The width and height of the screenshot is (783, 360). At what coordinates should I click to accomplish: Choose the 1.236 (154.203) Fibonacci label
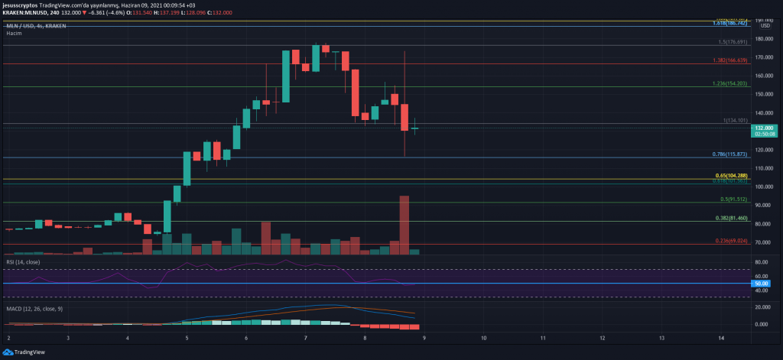[730, 83]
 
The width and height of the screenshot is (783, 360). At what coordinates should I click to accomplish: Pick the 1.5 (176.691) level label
[733, 42]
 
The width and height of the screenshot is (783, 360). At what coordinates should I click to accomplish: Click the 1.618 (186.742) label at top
[730, 24]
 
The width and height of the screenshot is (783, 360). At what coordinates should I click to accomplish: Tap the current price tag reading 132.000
[765, 128]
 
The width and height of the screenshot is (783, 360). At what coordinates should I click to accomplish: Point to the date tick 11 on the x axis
[543, 337]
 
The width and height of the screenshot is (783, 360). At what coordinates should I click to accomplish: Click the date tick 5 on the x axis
[187, 337]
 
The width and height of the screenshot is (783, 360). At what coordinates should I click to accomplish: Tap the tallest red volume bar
[404, 225]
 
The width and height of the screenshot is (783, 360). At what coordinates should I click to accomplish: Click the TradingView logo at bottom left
[24, 352]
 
